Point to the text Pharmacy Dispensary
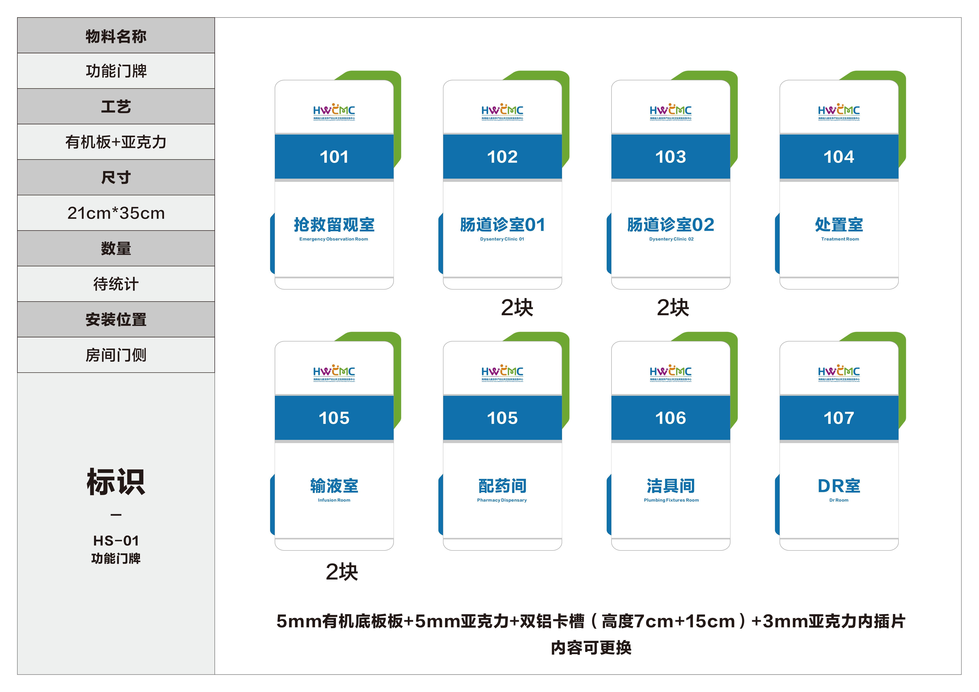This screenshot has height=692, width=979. click(502, 500)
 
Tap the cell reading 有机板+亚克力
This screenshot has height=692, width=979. click(116, 142)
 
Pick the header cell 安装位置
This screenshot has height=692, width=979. click(116, 319)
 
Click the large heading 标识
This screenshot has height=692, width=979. click(116, 482)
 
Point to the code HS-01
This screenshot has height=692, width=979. click(116, 541)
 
